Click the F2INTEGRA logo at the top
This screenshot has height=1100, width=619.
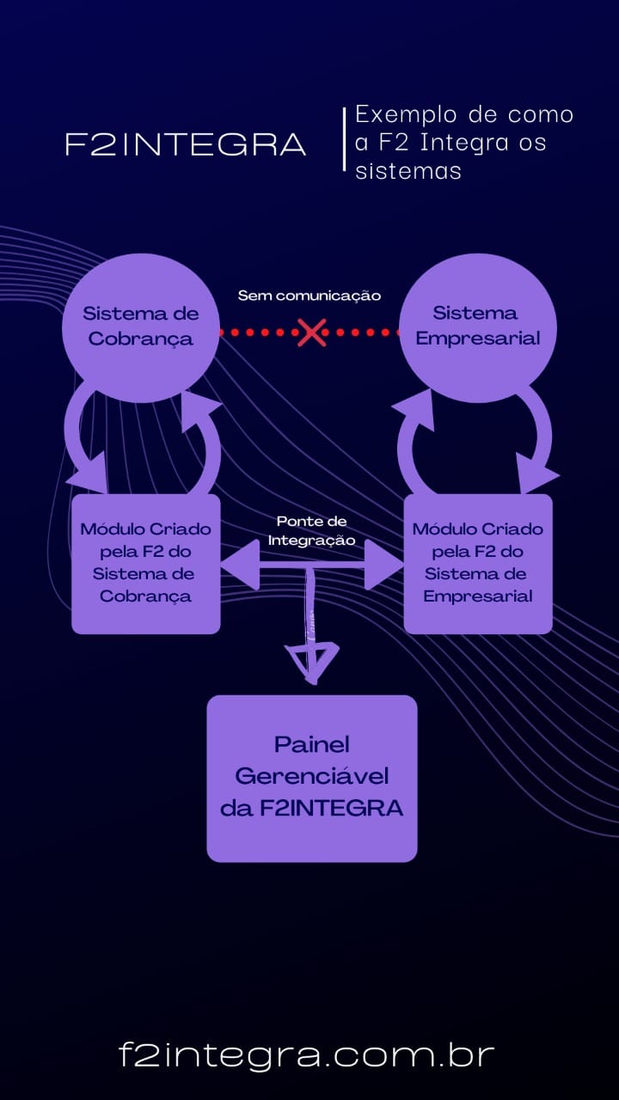186,144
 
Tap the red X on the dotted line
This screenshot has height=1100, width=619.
311,333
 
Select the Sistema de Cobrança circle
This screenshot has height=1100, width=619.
140,328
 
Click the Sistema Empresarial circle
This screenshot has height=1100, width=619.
477,328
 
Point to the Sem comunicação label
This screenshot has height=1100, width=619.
309,296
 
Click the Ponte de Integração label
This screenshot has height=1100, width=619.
311,530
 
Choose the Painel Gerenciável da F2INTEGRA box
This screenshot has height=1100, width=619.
312,779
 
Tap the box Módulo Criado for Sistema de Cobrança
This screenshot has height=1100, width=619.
146,564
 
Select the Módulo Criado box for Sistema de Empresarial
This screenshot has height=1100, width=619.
478,564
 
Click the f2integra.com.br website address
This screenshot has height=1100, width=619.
307,1054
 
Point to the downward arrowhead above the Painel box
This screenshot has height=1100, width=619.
312,662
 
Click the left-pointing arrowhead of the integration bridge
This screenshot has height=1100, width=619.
240,565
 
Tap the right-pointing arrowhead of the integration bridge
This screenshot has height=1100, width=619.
383,565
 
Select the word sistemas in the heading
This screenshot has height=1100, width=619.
408,171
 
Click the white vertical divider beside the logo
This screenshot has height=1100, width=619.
345,139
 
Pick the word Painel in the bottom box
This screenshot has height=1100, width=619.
312,744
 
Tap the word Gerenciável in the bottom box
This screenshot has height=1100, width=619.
312,776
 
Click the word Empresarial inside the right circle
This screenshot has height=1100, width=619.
478,339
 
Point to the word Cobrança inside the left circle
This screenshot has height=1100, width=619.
140,339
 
